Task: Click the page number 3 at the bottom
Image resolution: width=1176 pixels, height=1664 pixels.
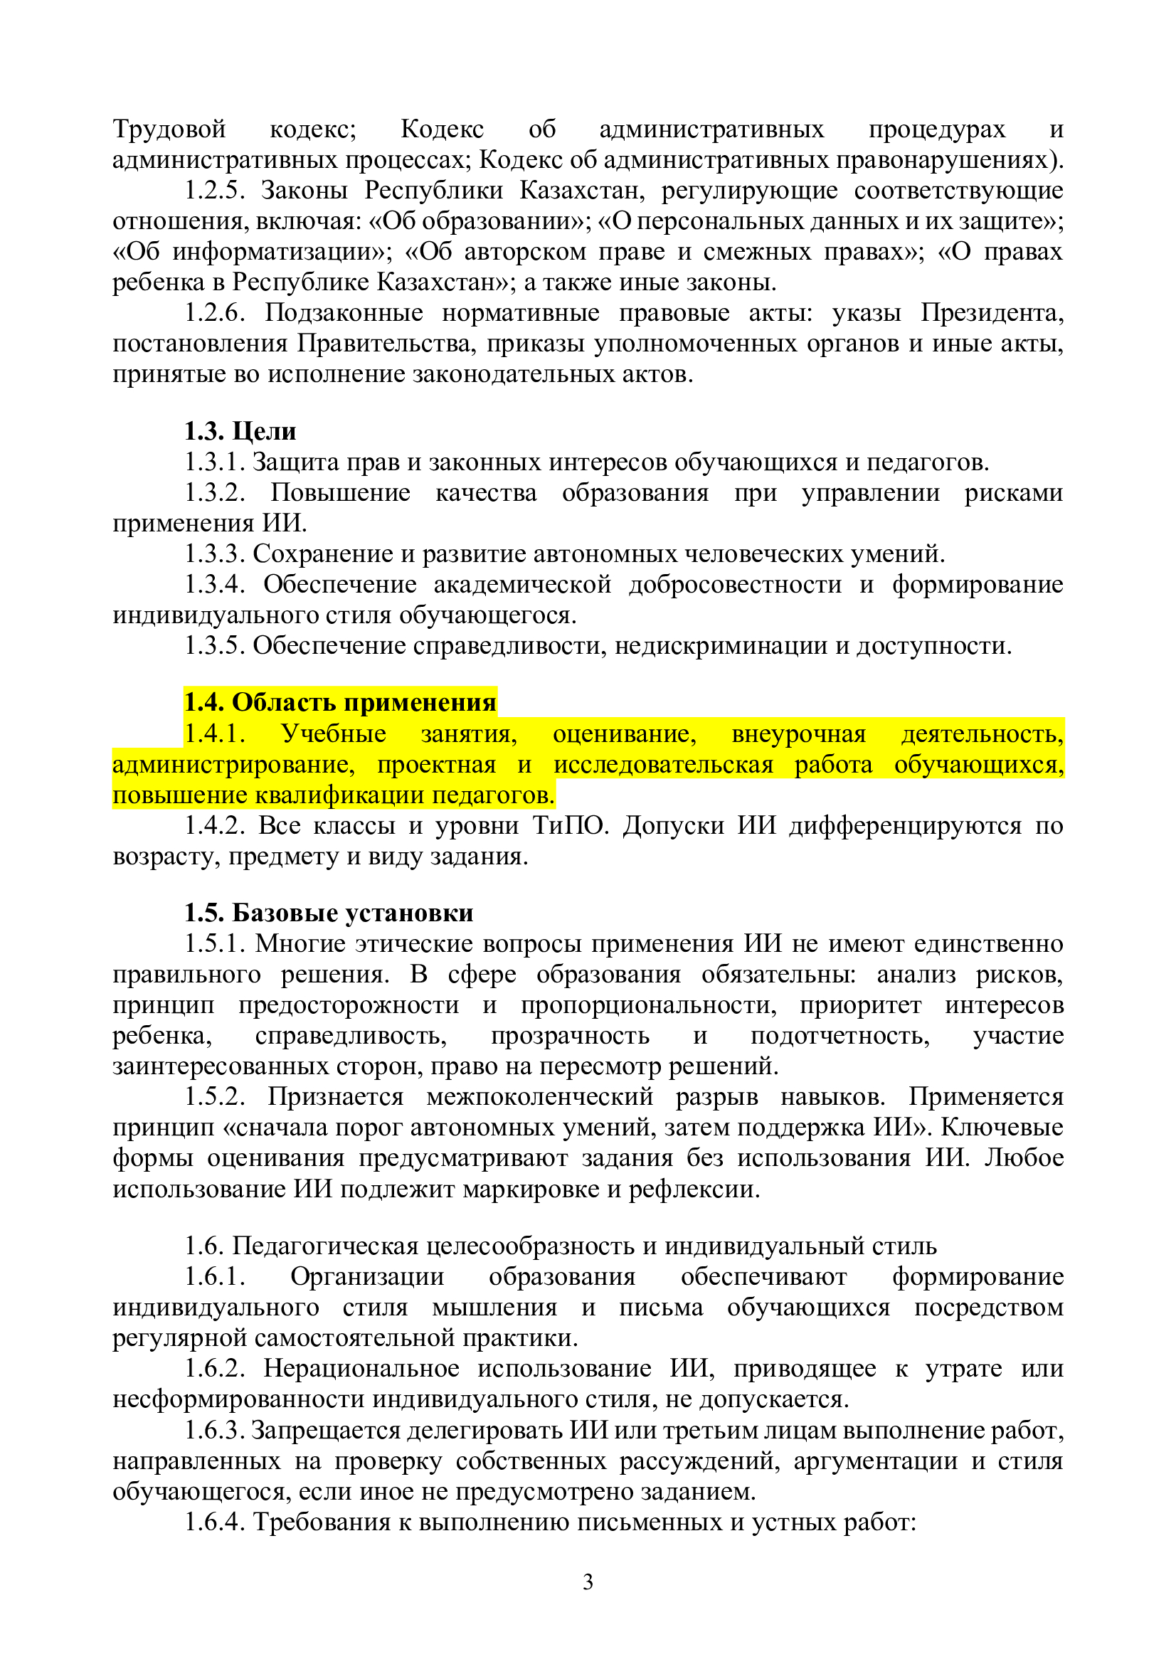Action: pyautogui.click(x=588, y=1582)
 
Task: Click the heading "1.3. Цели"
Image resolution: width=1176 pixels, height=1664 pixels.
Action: pyautogui.click(x=240, y=431)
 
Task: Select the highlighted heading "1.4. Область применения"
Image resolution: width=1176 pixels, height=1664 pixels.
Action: pyautogui.click(x=340, y=702)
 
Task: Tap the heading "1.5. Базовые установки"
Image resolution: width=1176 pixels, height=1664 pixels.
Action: pyautogui.click(x=328, y=913)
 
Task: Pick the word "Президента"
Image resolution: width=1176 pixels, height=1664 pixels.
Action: pyautogui.click(x=992, y=313)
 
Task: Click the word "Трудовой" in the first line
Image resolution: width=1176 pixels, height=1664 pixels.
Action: pyautogui.click(x=169, y=129)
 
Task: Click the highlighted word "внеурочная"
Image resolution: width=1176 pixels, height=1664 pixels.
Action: pyautogui.click(x=798, y=734)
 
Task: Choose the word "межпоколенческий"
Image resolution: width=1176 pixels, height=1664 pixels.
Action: pyautogui.click(x=540, y=1096)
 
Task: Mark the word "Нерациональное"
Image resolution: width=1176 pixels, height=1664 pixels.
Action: pyautogui.click(x=361, y=1368)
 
